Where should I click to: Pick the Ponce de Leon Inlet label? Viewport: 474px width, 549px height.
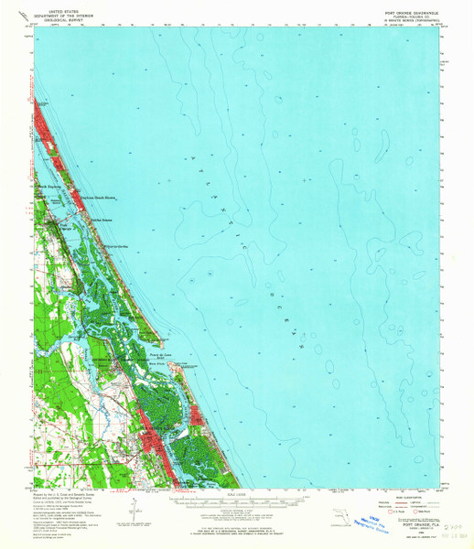[x=161, y=355]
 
